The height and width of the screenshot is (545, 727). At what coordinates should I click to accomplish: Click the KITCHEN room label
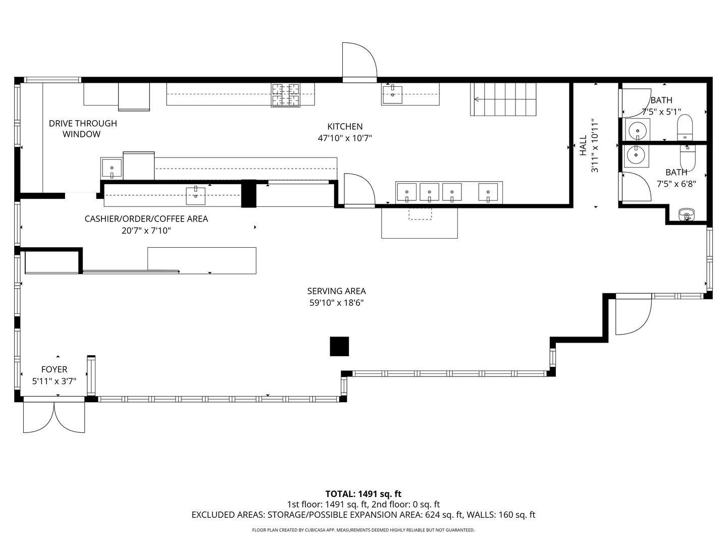tap(345, 126)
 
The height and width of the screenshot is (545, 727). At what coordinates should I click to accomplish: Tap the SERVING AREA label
tap(337, 291)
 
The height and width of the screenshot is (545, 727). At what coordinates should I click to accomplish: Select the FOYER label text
tap(55, 369)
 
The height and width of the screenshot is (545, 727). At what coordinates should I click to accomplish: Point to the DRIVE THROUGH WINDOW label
tap(83, 129)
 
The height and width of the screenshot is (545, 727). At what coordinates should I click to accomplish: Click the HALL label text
tap(583, 145)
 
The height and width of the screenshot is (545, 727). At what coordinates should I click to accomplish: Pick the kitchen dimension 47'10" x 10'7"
tap(345, 138)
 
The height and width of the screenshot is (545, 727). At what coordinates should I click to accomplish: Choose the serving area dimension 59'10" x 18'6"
tap(337, 303)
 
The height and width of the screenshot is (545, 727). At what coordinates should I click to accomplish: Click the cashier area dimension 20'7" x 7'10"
tap(146, 230)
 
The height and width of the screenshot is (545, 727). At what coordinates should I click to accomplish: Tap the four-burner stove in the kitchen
tap(286, 95)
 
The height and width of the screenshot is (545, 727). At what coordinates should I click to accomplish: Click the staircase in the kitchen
tap(503, 99)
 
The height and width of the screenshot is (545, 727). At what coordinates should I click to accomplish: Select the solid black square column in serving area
tap(339, 347)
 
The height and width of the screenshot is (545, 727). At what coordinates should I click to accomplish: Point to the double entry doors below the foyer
tap(54, 417)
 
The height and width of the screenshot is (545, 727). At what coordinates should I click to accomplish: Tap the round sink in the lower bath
tap(636, 155)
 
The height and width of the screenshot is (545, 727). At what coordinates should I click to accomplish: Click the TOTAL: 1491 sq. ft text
tap(363, 494)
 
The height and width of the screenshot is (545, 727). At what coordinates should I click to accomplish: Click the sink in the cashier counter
tap(195, 196)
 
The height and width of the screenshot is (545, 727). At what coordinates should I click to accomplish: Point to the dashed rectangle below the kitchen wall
tap(421, 214)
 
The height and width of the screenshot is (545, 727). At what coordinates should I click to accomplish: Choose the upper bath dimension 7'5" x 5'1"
tap(661, 112)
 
